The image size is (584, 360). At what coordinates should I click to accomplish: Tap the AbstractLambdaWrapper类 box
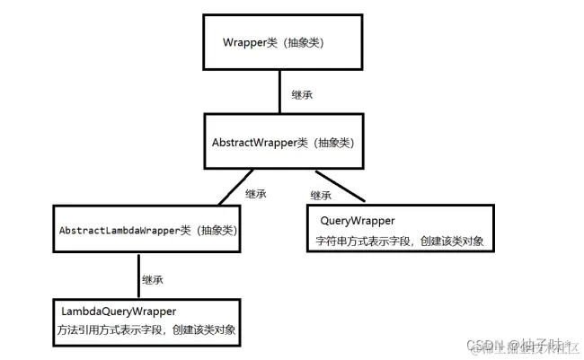pyautogui.click(x=148, y=231)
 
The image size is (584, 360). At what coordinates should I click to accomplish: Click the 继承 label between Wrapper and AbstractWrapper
pyautogui.click(x=302, y=95)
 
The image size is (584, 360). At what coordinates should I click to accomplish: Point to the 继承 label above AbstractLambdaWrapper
pyautogui.click(x=256, y=193)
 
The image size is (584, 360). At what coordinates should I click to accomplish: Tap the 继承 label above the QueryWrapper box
pyautogui.click(x=322, y=196)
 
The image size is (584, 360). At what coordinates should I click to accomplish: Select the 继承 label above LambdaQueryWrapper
pyautogui.click(x=153, y=280)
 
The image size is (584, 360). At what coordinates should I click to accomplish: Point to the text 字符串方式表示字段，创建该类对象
pyautogui.click(x=400, y=241)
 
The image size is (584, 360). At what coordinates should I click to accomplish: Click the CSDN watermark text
pyautogui.click(x=485, y=346)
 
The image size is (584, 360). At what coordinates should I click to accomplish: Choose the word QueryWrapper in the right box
pyautogui.click(x=358, y=220)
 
